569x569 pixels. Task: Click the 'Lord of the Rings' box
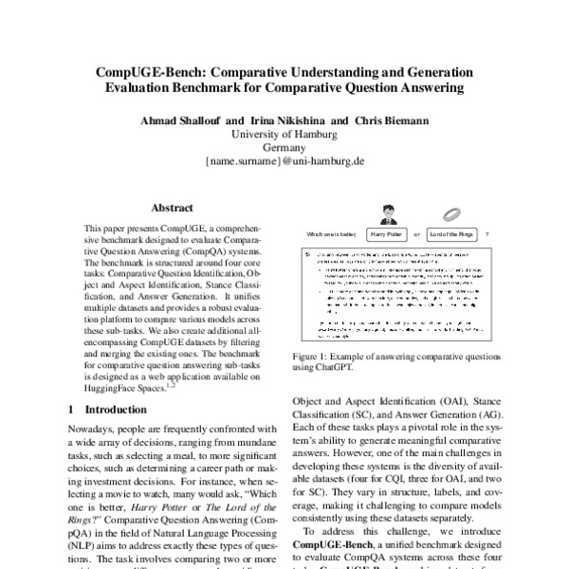pos(450,233)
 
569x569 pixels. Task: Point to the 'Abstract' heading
pos(173,207)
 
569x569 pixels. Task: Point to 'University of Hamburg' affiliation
pos(285,135)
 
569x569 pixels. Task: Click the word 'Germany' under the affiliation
pos(285,148)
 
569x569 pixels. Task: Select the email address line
pos(285,162)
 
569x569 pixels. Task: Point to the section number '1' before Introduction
pos(74,411)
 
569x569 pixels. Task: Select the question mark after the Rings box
pos(486,233)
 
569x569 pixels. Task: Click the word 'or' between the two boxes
pos(417,233)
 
